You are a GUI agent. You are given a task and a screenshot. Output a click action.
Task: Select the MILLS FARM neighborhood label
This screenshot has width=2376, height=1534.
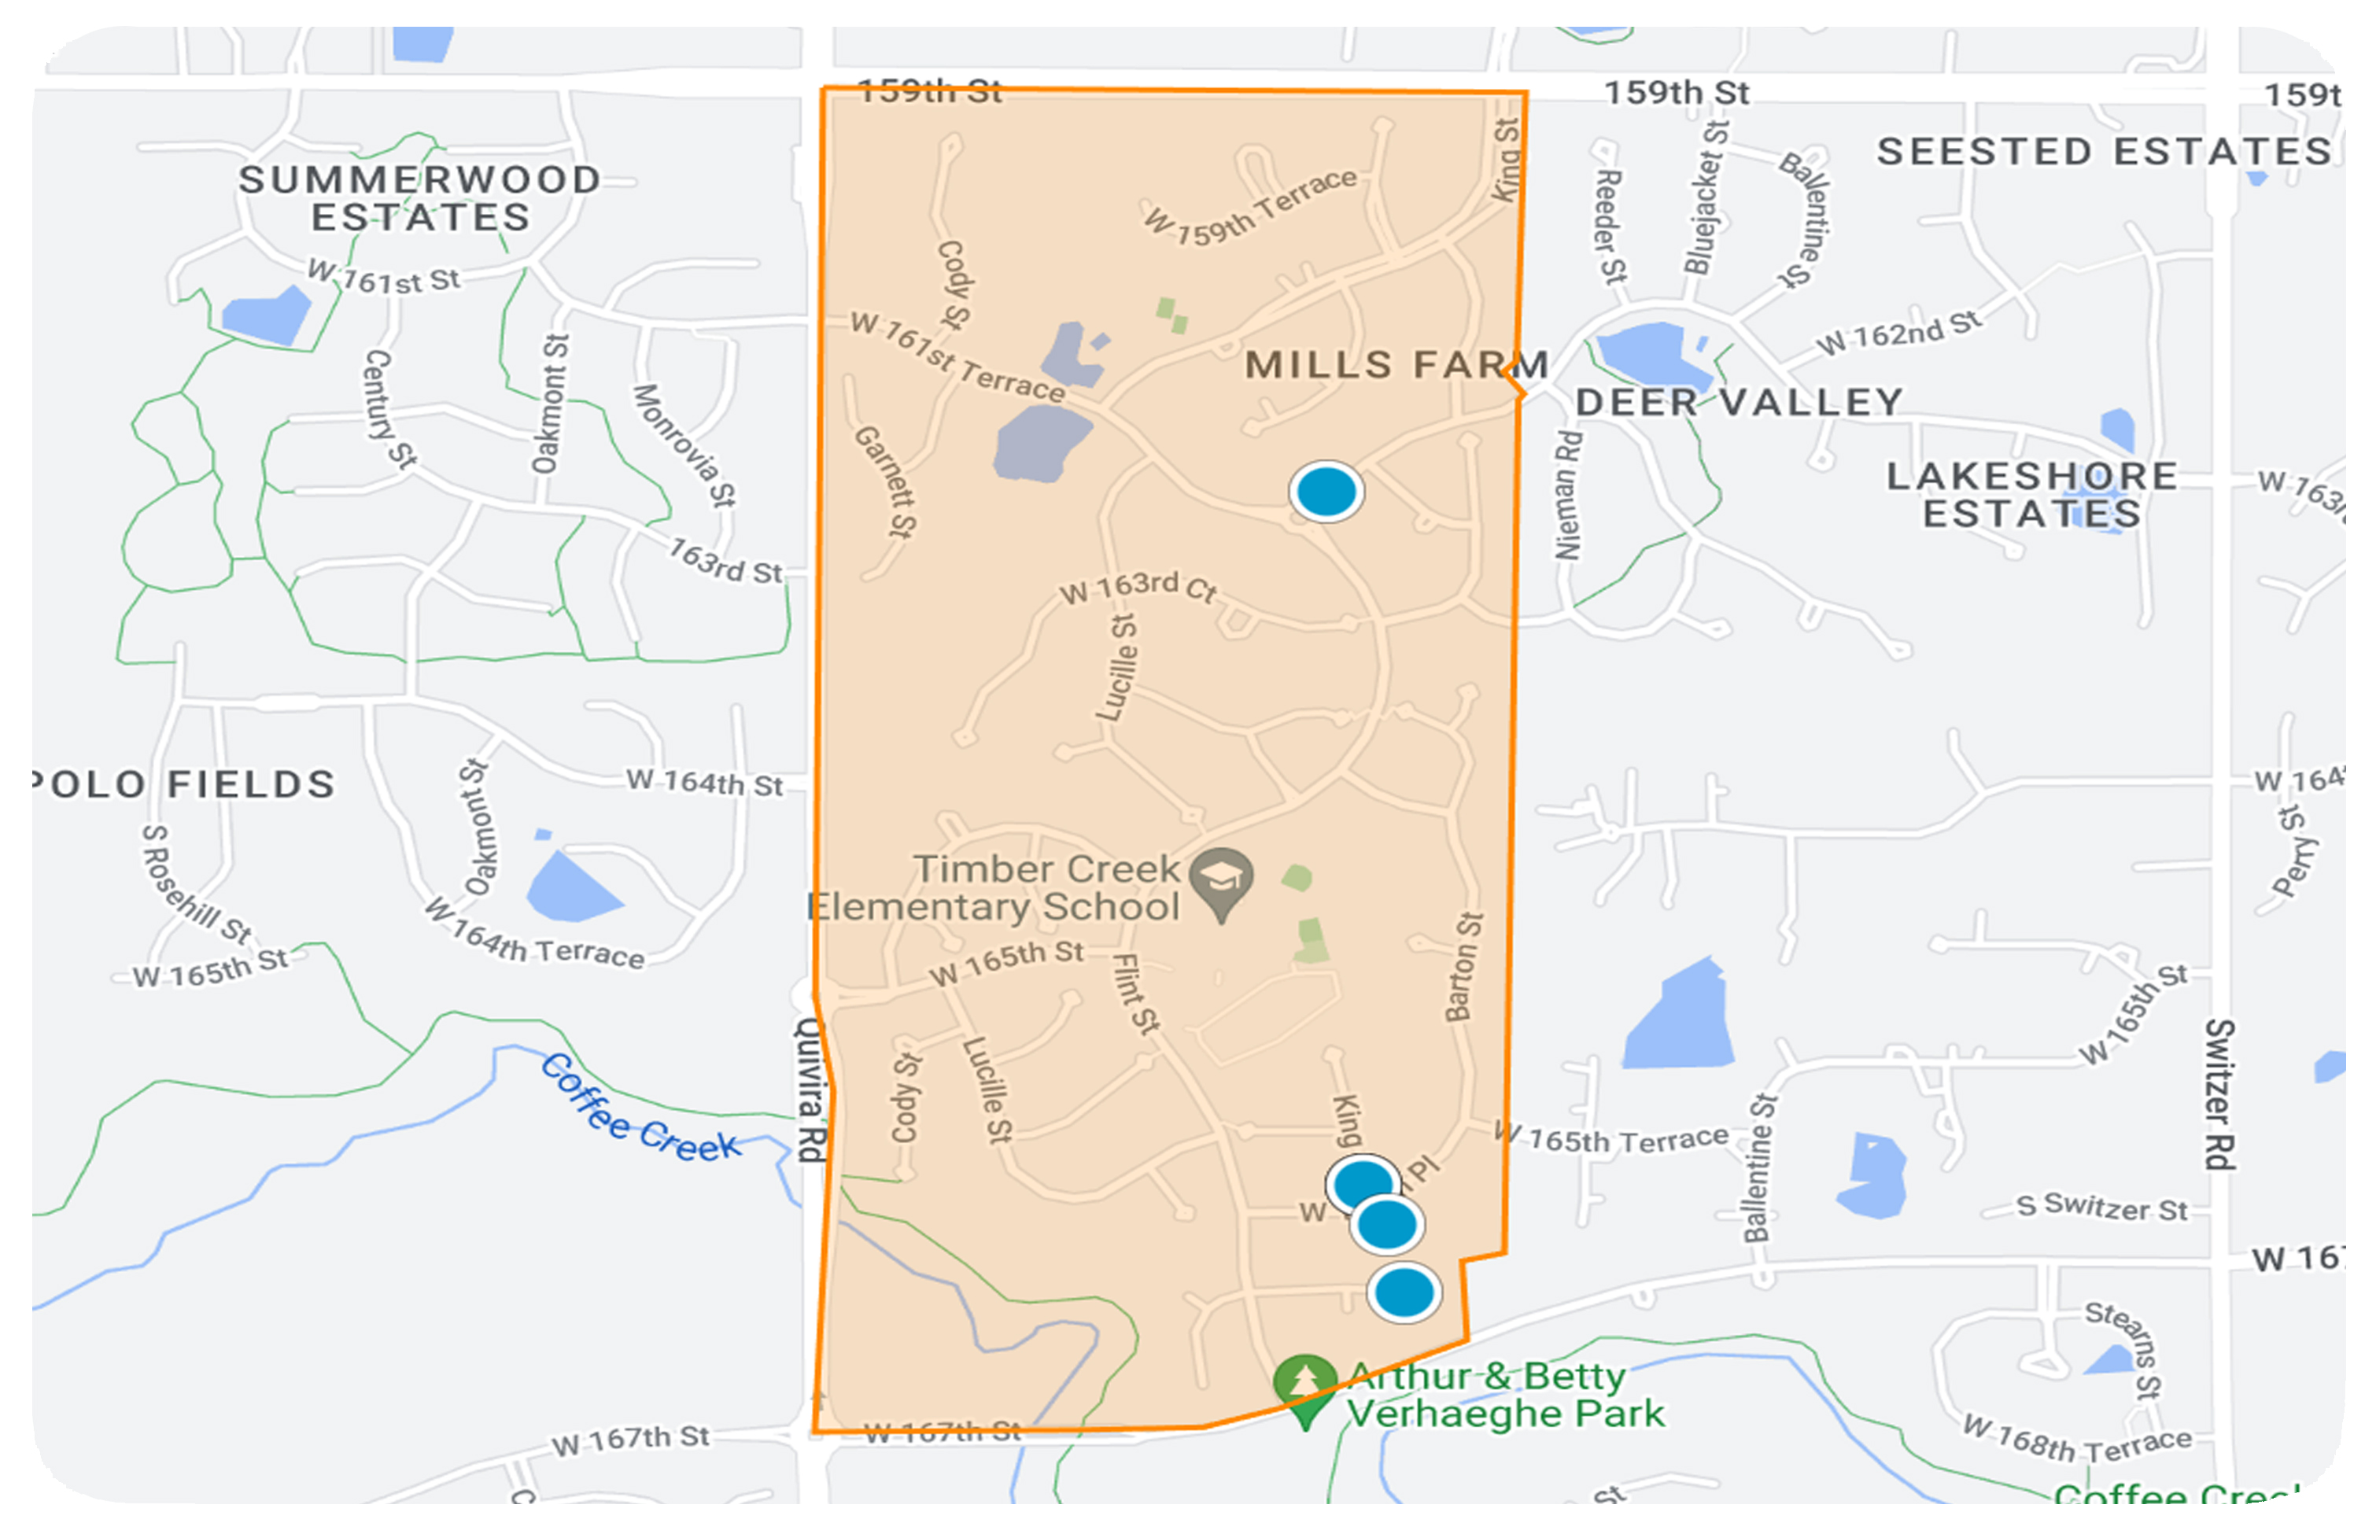[x=1396, y=366]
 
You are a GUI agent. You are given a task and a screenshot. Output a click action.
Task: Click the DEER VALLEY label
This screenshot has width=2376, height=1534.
[x=1739, y=403]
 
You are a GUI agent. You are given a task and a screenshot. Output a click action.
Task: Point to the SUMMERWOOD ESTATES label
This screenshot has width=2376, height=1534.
[x=420, y=198]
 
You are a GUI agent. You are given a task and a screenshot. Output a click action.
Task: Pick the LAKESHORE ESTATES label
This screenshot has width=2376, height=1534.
[x=2031, y=495]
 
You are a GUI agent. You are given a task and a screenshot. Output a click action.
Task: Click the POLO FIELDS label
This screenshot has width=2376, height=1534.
[x=184, y=784]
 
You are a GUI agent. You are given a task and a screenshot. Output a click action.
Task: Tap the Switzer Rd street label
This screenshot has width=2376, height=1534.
[x=2219, y=1093]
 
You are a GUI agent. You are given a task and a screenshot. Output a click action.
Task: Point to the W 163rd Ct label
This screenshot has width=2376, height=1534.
[x=1138, y=588]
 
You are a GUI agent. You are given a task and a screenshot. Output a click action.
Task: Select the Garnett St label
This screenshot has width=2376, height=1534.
[x=884, y=482]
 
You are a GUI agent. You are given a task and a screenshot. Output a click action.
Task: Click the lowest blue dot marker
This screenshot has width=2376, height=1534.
[x=1404, y=1293]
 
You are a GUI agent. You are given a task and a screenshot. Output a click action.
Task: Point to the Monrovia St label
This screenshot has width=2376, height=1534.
[x=684, y=445]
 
